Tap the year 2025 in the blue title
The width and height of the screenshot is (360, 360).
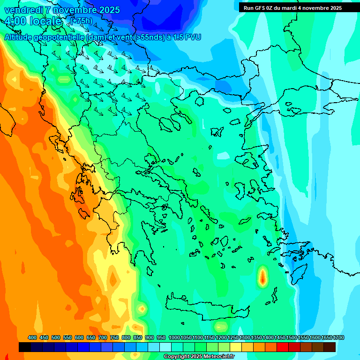(107, 10)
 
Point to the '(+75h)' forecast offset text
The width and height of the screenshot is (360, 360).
(81, 21)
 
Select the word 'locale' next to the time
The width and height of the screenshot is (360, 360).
(45, 22)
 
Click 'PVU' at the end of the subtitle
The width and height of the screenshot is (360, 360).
(193, 37)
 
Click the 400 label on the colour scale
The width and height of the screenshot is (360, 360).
(32, 338)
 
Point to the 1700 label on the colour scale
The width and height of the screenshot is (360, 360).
(338, 338)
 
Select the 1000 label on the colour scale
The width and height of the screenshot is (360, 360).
(174, 338)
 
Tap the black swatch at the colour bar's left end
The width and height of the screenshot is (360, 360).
(25, 347)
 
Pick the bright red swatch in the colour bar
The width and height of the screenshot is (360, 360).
(283, 347)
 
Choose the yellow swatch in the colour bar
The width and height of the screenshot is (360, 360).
(236, 347)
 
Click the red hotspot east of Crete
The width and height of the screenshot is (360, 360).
(262, 278)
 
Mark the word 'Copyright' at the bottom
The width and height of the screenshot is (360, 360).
(177, 357)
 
